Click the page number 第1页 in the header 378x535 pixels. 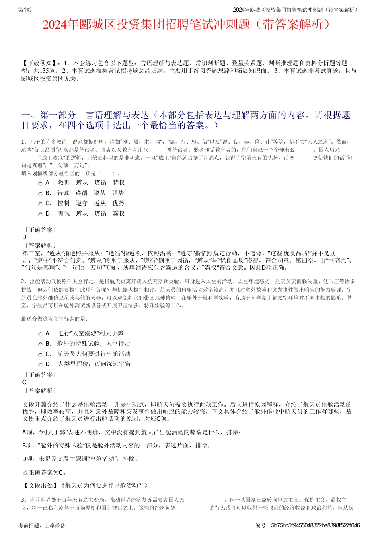25,10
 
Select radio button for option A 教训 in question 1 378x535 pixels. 40,184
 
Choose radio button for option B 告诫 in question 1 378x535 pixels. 40,194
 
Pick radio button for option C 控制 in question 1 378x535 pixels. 40,204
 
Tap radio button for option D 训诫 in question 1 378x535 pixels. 40,215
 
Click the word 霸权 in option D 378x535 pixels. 119,214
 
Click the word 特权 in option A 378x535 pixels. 119,183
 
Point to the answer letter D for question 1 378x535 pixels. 24,237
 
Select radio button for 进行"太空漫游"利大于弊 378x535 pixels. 40,335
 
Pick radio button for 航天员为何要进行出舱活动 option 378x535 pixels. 40,355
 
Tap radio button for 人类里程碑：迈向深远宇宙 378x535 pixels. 40,365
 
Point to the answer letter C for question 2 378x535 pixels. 24,382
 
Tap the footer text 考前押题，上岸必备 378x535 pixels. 42,525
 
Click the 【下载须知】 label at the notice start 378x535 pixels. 39,63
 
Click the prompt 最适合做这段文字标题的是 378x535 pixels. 55,319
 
